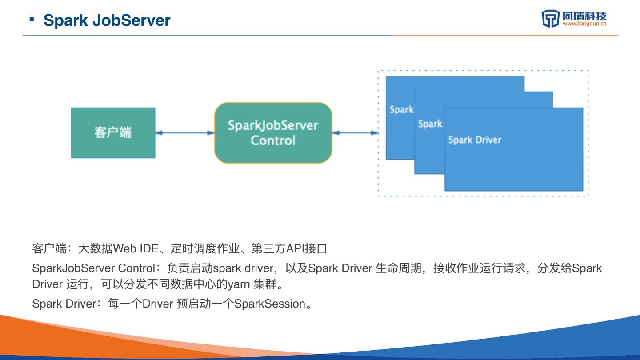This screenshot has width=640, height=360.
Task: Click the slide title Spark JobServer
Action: point(107,20)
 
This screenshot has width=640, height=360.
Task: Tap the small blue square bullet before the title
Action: point(32,19)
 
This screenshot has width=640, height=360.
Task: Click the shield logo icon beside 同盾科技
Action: point(550,19)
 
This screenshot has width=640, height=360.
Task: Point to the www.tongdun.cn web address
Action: point(584,24)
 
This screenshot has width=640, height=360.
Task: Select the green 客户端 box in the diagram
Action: point(113,132)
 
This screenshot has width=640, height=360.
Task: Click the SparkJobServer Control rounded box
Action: point(273,132)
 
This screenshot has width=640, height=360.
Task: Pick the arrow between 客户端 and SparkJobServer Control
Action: point(185,132)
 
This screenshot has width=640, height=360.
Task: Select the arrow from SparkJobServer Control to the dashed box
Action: point(355,132)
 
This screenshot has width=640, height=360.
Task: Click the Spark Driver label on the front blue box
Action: point(475,140)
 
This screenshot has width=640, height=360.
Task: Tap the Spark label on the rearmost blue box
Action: point(401,109)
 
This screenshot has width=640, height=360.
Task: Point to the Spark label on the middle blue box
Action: point(430,124)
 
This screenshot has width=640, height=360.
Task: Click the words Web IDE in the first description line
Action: point(136,249)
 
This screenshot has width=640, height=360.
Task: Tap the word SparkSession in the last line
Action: point(270,304)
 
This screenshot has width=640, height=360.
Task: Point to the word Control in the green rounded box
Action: point(273,140)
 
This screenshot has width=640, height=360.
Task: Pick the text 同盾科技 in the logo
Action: point(584,16)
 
